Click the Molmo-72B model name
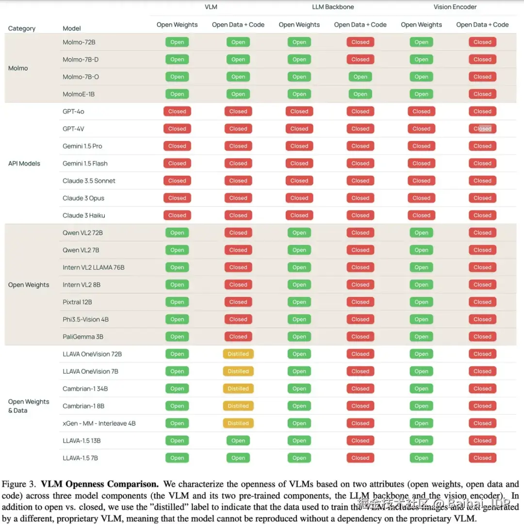click(79, 42)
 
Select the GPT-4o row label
click(73, 112)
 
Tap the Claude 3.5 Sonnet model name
click(89, 181)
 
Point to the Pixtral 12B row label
click(77, 302)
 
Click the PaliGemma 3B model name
click(82, 337)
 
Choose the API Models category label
click(24, 164)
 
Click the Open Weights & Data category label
click(29, 406)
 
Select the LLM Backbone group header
click(333, 7)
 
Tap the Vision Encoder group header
click(455, 7)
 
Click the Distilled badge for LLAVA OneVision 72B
click(238, 354)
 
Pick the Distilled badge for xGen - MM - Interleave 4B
click(238, 424)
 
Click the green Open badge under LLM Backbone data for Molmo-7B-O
click(360, 77)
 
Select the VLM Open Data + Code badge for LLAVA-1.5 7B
click(238, 458)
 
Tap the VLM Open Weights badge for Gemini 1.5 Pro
click(177, 146)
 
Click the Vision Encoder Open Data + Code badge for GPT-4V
click(482, 129)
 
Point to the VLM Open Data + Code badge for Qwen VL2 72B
click(238, 233)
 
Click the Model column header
click(72, 29)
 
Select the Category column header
click(22, 29)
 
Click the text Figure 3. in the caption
click(19, 484)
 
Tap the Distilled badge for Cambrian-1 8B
click(238, 406)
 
